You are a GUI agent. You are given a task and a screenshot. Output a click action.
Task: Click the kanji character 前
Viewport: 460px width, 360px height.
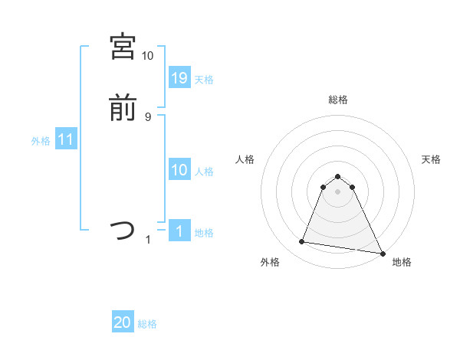click(x=123, y=109)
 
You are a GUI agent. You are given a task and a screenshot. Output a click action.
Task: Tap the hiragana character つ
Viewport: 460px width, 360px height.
click(x=123, y=230)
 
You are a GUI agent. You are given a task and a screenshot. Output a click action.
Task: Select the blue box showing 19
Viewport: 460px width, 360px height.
click(x=179, y=78)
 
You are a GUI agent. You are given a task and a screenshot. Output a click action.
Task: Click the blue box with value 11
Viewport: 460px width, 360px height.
click(x=66, y=140)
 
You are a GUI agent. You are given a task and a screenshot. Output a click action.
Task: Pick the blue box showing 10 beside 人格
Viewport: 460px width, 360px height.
click(x=179, y=171)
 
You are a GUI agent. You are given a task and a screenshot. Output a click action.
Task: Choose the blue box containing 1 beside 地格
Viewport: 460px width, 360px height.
click(x=179, y=231)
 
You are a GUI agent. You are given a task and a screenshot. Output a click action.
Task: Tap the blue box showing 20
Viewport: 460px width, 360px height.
click(x=123, y=323)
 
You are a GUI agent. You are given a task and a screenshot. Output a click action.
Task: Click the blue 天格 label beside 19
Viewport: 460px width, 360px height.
click(x=204, y=80)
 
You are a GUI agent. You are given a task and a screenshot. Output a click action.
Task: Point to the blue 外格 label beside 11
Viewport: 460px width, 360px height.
click(x=41, y=141)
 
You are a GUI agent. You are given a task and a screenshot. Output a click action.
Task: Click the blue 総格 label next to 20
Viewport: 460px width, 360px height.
click(x=147, y=324)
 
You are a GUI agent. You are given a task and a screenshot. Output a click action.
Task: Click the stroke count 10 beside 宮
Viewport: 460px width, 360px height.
click(x=147, y=55)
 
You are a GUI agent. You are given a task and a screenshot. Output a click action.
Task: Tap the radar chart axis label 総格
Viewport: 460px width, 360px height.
click(x=338, y=100)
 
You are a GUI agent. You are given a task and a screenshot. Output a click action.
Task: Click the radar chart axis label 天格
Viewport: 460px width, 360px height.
click(x=431, y=159)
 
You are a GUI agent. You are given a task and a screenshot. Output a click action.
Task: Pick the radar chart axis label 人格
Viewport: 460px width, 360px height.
click(x=245, y=159)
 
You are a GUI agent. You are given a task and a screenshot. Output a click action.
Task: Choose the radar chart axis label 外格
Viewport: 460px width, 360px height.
click(x=270, y=262)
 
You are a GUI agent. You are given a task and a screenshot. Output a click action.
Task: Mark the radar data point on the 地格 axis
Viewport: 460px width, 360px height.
click(x=382, y=252)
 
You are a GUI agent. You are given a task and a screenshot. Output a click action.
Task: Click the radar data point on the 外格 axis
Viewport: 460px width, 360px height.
click(x=302, y=242)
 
